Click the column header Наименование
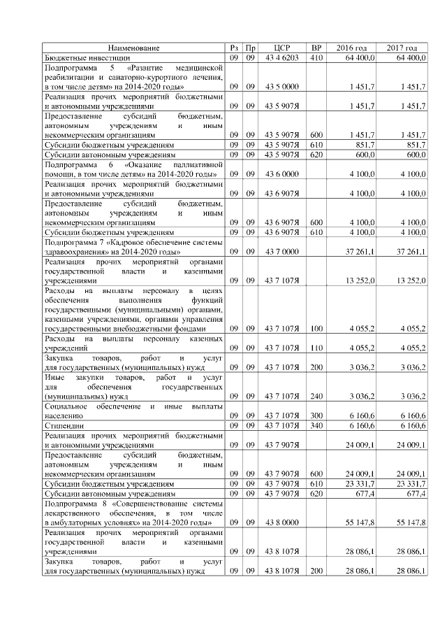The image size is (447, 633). (x=133, y=48)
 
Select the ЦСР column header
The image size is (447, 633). (x=282, y=48)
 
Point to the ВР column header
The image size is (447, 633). (x=316, y=48)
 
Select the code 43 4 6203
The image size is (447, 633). (x=282, y=57)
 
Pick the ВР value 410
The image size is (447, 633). (x=316, y=57)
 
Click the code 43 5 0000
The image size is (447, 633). (x=282, y=86)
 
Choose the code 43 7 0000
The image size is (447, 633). (x=282, y=250)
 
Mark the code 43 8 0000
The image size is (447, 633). (x=282, y=522)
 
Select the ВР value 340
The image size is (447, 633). (x=316, y=425)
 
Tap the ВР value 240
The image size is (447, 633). (x=316, y=395)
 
